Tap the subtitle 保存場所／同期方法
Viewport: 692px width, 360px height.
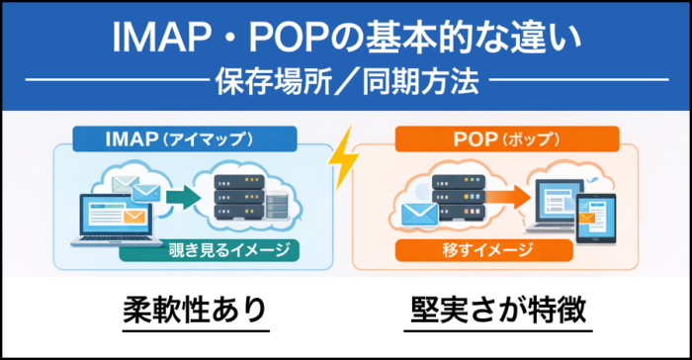tap(347, 80)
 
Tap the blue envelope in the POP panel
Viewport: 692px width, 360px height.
tap(415, 213)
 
